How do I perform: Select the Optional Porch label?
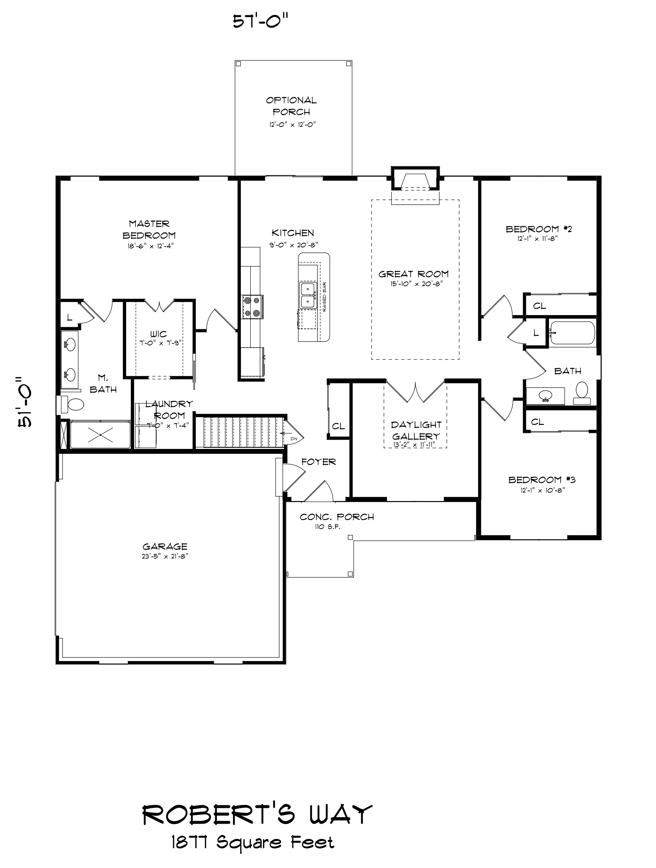point(291,106)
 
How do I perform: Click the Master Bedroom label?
point(149,229)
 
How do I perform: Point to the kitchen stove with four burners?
point(252,307)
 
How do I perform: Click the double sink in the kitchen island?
point(308,295)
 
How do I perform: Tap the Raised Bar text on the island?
point(325,297)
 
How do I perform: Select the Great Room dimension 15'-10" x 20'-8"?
point(416,284)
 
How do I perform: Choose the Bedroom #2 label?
point(538,229)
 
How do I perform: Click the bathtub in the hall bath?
point(572,333)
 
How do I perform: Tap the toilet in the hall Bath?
point(582,392)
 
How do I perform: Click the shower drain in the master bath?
point(101,435)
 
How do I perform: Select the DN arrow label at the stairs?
point(294,439)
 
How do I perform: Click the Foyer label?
point(318,462)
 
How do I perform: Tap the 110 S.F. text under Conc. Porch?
point(327,527)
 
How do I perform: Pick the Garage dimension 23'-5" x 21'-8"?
point(165,556)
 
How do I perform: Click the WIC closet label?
point(159,334)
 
